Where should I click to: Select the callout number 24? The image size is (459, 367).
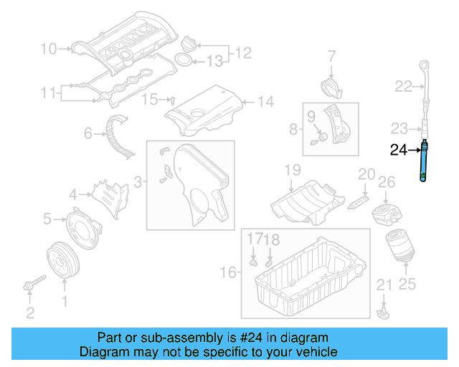399,150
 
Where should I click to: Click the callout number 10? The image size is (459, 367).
48,49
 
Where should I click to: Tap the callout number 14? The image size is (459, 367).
265,102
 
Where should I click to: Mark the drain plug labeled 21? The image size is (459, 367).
384,312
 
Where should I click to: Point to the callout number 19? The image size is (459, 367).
291,171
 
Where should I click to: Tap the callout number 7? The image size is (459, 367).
331,55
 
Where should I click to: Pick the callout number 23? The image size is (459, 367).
399,129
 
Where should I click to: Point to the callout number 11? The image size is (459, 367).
48,92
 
